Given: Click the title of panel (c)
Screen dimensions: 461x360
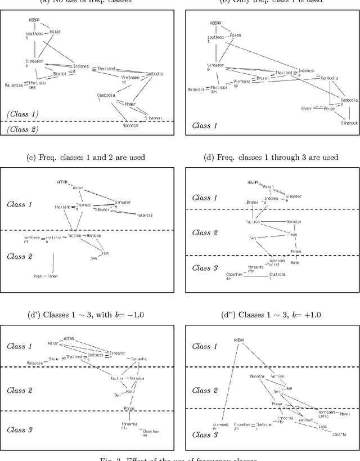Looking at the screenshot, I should coord(90,157).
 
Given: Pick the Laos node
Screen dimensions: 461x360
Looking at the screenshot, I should coord(322,426).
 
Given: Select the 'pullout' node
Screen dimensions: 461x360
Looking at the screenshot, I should coord(305,420).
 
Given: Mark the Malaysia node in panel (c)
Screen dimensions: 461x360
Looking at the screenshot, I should coord(145,215).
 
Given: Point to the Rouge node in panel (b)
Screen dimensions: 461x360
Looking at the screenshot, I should coord(329,109).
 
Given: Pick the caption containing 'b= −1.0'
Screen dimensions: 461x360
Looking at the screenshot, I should coord(90,314).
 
